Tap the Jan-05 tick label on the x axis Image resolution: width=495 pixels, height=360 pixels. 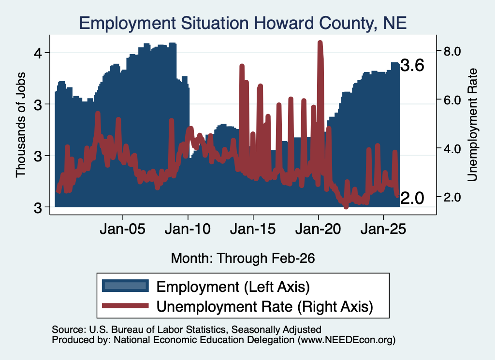click(x=122, y=229)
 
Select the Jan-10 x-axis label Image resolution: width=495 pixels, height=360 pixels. click(x=188, y=229)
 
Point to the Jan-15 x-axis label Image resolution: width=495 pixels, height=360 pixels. click(x=253, y=229)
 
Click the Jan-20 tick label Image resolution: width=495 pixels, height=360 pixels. click(x=318, y=229)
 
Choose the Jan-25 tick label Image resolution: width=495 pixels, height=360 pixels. click(x=383, y=229)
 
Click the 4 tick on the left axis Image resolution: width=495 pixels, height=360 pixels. click(x=38, y=53)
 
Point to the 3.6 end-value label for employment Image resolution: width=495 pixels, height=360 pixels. click(x=412, y=65)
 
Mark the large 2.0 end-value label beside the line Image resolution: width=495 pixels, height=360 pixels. click(x=412, y=198)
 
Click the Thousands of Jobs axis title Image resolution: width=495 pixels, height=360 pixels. click(x=20, y=125)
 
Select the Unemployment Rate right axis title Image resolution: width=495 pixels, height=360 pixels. click(x=472, y=125)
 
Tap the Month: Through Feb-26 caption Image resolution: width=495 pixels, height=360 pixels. click(x=243, y=258)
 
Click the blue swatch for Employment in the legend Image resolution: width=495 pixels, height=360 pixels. click(x=125, y=286)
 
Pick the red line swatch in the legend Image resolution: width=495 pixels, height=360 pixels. click(x=125, y=305)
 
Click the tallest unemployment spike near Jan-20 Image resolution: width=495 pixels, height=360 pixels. click(x=320, y=43)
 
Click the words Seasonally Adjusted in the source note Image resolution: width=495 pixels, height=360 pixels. click(x=276, y=330)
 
